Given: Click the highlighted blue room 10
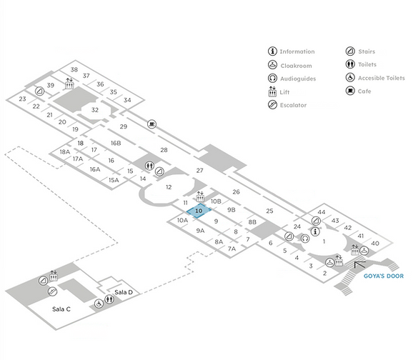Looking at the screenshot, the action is [199, 211].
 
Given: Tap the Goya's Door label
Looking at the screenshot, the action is [384, 276].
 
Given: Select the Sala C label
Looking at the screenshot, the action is [61, 309].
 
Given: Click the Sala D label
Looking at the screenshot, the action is [124, 292].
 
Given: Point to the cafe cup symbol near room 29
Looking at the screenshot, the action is [151, 124].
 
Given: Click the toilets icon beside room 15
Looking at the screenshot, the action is [149, 166].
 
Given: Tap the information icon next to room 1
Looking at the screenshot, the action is [315, 231].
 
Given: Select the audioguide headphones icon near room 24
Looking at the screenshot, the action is [305, 239].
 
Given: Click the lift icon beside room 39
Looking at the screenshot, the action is [69, 84].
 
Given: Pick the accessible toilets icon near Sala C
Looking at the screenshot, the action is [99, 304].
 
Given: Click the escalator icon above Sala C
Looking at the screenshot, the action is [52, 291].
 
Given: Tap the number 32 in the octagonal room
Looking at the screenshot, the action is [95, 110].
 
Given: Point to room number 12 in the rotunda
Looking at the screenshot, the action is [169, 187].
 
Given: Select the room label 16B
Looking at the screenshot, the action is [116, 143].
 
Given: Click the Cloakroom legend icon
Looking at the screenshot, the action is [272, 64].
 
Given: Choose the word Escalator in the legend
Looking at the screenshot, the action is [293, 105].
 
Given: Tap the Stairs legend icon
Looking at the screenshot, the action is [350, 51].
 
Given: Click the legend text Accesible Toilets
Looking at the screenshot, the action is [381, 78].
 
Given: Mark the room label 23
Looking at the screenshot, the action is [22, 99].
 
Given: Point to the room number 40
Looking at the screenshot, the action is [375, 244].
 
